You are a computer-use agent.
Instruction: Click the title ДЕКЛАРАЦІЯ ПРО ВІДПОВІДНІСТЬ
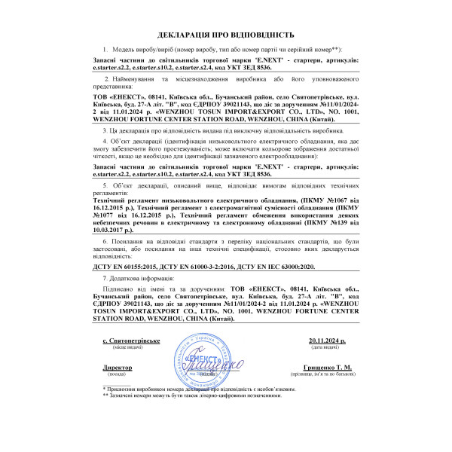(x=226, y=35)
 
